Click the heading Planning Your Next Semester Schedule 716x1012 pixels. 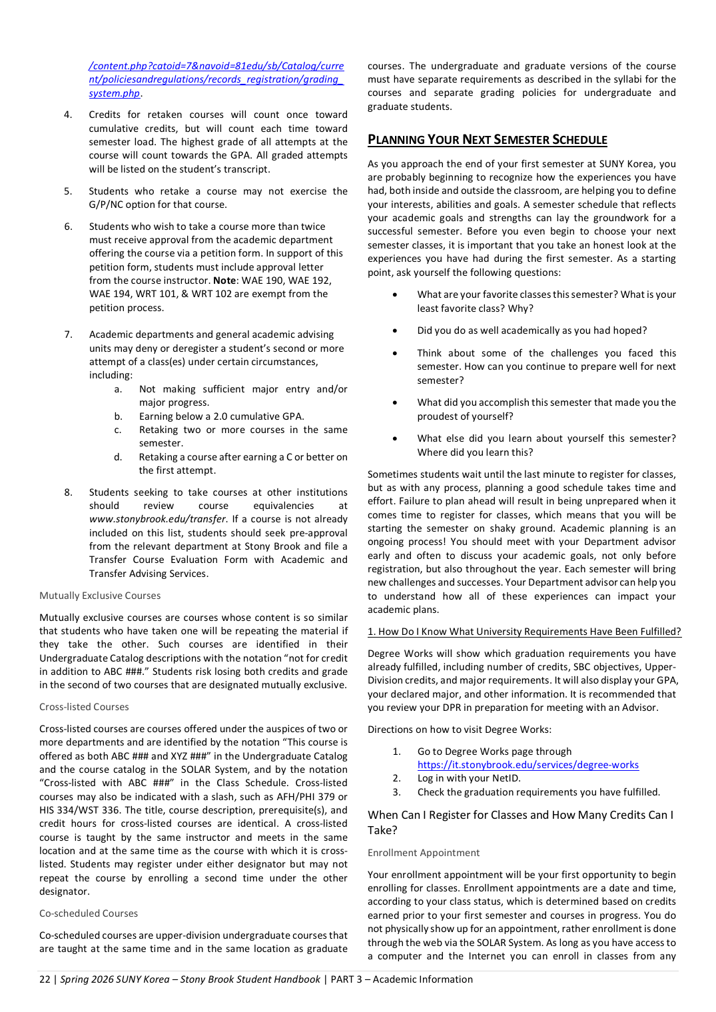(487, 140)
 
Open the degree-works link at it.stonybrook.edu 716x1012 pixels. (528, 765)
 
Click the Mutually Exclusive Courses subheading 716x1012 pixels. (100, 596)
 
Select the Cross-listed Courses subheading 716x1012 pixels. (84, 707)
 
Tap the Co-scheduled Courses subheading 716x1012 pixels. (89, 913)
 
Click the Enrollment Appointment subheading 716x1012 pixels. (423, 853)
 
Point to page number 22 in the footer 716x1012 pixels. (45, 979)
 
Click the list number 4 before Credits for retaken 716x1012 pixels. (68, 115)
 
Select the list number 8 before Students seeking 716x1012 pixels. (68, 492)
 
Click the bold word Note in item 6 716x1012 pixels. (224, 280)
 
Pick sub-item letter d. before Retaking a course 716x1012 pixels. (118, 457)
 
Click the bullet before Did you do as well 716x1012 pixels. (395, 330)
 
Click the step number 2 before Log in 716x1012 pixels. (396, 778)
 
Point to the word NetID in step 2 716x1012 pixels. (506, 778)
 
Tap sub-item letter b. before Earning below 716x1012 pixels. (118, 416)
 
